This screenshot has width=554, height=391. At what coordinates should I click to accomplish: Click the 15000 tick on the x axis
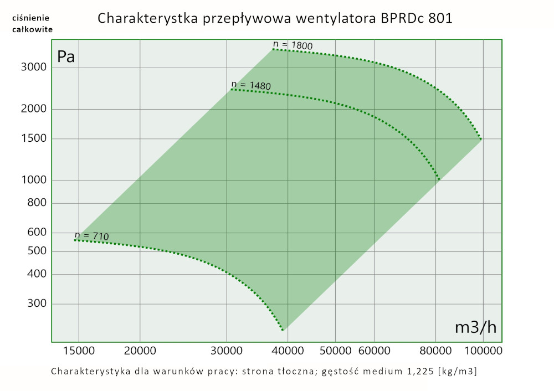pos(79,351)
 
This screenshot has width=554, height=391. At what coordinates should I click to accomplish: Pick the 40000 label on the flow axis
pos(286,351)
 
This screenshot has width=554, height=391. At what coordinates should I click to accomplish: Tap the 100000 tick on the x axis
pos(482,351)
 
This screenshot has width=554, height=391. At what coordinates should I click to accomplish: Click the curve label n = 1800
pos(297,44)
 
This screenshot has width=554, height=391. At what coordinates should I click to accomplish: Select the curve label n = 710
pos(91,236)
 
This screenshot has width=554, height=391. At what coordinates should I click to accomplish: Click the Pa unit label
pos(66,56)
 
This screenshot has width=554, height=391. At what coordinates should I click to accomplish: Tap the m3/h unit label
pos(475,327)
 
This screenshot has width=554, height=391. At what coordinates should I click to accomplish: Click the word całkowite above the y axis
pos(33,29)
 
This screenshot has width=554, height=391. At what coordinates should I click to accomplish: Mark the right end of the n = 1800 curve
pos(481,138)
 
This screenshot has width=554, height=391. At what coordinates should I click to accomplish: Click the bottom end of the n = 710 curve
pos(283,330)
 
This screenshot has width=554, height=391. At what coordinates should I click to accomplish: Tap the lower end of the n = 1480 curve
pos(439,180)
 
